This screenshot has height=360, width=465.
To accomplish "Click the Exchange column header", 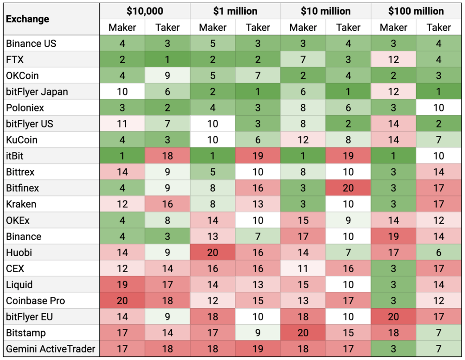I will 28,19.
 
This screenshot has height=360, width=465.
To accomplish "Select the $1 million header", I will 235,11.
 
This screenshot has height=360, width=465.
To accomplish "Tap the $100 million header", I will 416,11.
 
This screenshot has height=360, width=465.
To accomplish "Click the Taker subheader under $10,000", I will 168,28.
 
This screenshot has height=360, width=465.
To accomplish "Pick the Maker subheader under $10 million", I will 303,28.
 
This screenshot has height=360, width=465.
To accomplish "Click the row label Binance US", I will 31,44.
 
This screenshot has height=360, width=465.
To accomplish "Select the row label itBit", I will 15,156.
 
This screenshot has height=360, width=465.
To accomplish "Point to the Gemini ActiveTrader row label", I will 51,348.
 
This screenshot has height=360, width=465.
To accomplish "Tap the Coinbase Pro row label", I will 35,300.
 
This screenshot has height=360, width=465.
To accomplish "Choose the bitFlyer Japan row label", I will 37,92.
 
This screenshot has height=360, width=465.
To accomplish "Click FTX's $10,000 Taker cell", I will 168,60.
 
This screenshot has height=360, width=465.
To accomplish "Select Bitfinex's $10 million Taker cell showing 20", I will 348,188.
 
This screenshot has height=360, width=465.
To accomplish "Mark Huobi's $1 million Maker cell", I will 213,252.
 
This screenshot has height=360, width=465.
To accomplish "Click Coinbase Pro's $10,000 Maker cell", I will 122,300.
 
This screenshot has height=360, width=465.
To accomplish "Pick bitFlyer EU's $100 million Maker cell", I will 394,316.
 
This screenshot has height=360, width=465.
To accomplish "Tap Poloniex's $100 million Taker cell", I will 439,108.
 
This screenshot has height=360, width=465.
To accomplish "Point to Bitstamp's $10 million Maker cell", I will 303,332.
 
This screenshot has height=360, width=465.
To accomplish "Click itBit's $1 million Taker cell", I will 258,156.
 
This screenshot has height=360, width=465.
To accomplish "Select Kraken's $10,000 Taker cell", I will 168,204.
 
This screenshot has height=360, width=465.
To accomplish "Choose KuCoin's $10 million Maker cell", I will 303,140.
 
